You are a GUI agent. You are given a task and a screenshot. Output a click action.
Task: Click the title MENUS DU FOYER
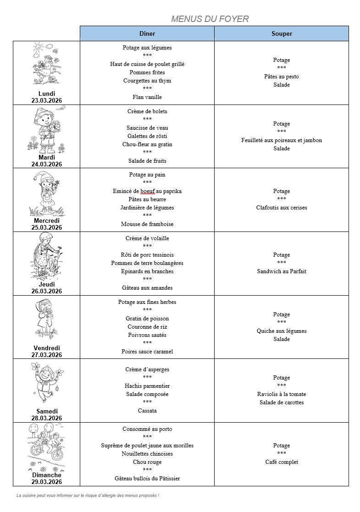[x=210, y=19]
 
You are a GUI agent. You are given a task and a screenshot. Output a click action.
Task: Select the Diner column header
[x=147, y=33]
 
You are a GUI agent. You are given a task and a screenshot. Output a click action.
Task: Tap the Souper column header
[x=282, y=33]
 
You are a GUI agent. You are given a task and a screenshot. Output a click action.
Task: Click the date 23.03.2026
[x=47, y=100]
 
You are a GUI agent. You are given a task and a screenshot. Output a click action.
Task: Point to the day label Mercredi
[x=47, y=221]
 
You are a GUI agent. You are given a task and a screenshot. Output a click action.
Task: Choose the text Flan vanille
[x=147, y=97]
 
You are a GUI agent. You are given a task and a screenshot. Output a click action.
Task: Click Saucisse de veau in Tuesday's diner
[x=147, y=128]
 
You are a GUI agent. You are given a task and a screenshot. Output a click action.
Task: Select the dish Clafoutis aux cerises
[x=282, y=208]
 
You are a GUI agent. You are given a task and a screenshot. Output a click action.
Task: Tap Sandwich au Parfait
[x=282, y=271]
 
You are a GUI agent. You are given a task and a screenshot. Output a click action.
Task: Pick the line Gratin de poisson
[x=147, y=319]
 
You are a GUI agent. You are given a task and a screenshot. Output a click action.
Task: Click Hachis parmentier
[x=147, y=386]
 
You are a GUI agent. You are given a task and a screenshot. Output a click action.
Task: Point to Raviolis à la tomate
[x=282, y=394]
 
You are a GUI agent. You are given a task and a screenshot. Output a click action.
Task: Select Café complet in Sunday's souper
[x=282, y=462]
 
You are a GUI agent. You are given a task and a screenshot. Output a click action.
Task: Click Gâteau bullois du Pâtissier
[x=147, y=479]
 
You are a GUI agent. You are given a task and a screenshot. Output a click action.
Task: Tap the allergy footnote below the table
[x=88, y=495]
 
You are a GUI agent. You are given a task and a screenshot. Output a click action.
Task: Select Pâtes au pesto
[x=282, y=77]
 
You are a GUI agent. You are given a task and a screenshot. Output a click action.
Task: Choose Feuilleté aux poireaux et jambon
[x=282, y=140]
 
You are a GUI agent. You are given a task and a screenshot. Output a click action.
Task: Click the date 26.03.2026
[x=47, y=291]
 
